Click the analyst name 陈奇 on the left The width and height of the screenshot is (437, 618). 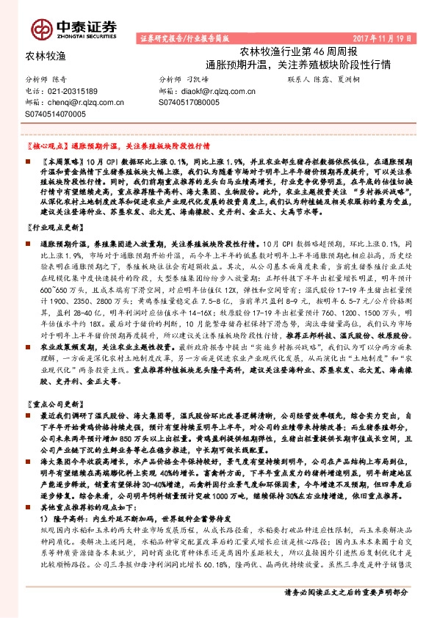click(67, 79)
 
